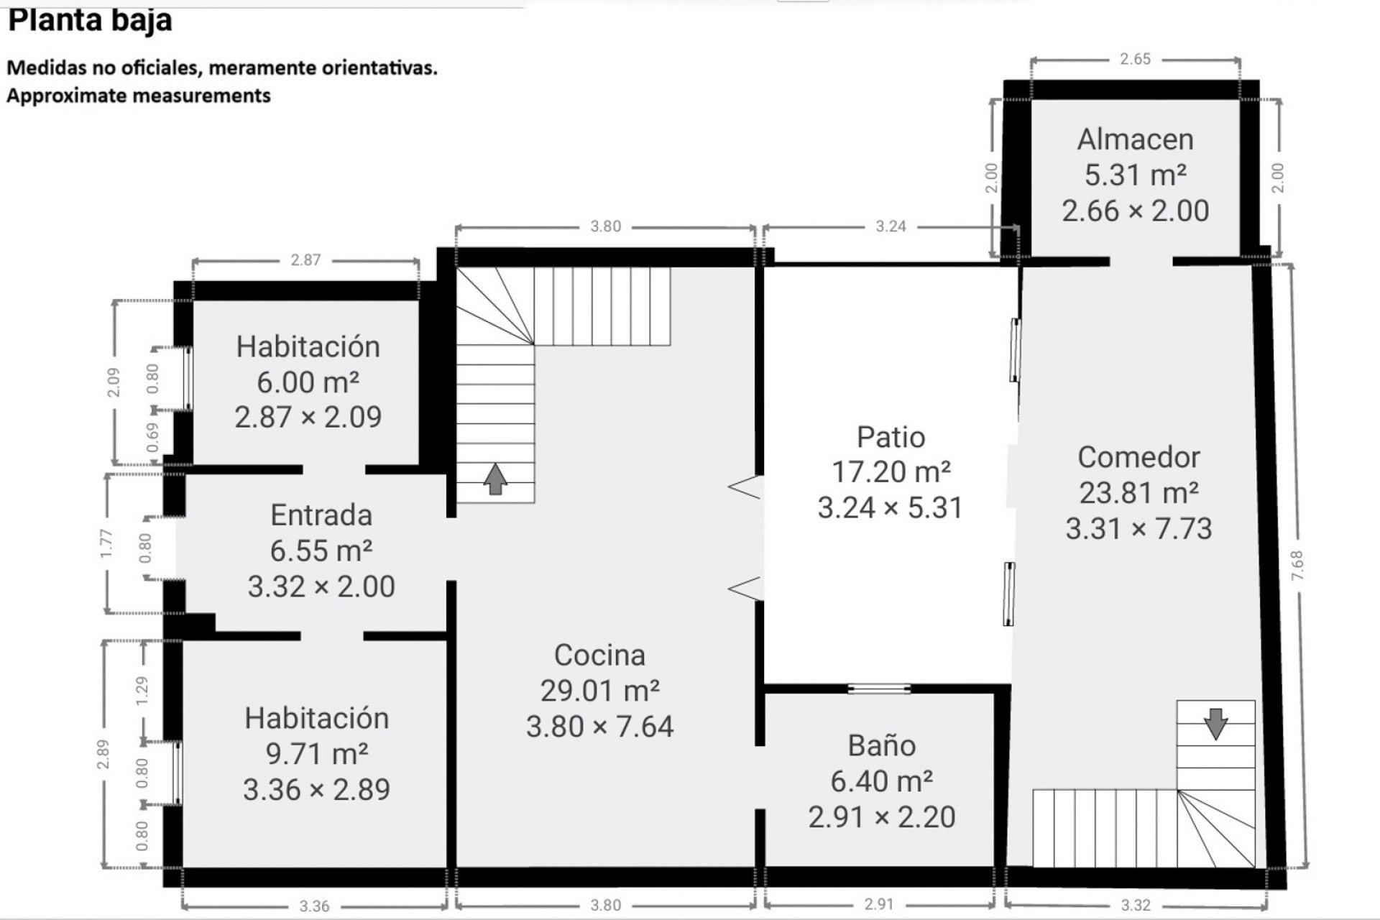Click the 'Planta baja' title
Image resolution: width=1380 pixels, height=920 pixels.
pos(90,19)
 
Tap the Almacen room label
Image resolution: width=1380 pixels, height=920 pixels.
pos(1135,139)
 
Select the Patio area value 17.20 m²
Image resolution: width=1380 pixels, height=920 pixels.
pos(891,472)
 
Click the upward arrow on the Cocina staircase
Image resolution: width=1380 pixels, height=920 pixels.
pos(494,479)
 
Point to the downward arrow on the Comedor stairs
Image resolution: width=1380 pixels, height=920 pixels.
pos(1215,724)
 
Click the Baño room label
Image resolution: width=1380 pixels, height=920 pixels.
pos(882,746)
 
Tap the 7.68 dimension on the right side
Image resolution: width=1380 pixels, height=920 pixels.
pos(1297,566)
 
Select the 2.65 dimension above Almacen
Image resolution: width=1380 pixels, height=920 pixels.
pos(1135,60)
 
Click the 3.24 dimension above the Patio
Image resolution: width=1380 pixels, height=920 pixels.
pos(891,226)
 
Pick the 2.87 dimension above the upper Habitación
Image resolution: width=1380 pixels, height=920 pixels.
pos(305,260)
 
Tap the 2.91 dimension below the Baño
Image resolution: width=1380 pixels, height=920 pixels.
pos(879,904)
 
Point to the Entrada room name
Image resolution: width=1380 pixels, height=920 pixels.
pos(321,515)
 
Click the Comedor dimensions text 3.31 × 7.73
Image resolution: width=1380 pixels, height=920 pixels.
pos(1138,529)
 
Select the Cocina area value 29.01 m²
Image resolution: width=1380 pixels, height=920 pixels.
pos(600,691)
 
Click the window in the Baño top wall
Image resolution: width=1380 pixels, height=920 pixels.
pos(879,689)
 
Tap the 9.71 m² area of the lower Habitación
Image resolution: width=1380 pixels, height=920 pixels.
pos(317,754)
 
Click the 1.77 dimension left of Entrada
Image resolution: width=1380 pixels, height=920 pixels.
pos(106,543)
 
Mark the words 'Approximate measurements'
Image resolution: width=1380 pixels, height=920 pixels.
pos(139,96)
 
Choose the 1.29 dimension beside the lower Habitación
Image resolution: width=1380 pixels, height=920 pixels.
pos(142,690)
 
